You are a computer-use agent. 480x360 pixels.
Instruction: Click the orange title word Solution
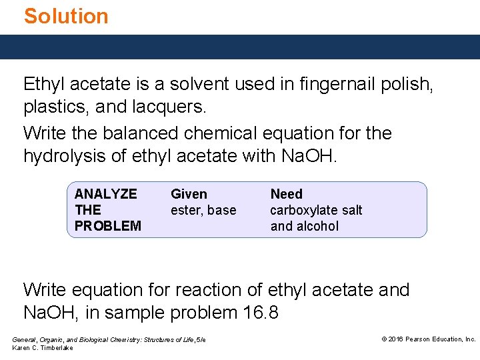pos(66,16)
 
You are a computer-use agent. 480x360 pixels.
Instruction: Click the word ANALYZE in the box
pos(106,194)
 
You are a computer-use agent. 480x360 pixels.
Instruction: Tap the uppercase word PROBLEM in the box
pos(108,226)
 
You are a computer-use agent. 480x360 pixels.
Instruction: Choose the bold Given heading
pos(189,194)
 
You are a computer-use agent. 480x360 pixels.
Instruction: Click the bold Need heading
pos(286,194)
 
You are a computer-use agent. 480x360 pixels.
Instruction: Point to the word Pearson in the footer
pos(421,339)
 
